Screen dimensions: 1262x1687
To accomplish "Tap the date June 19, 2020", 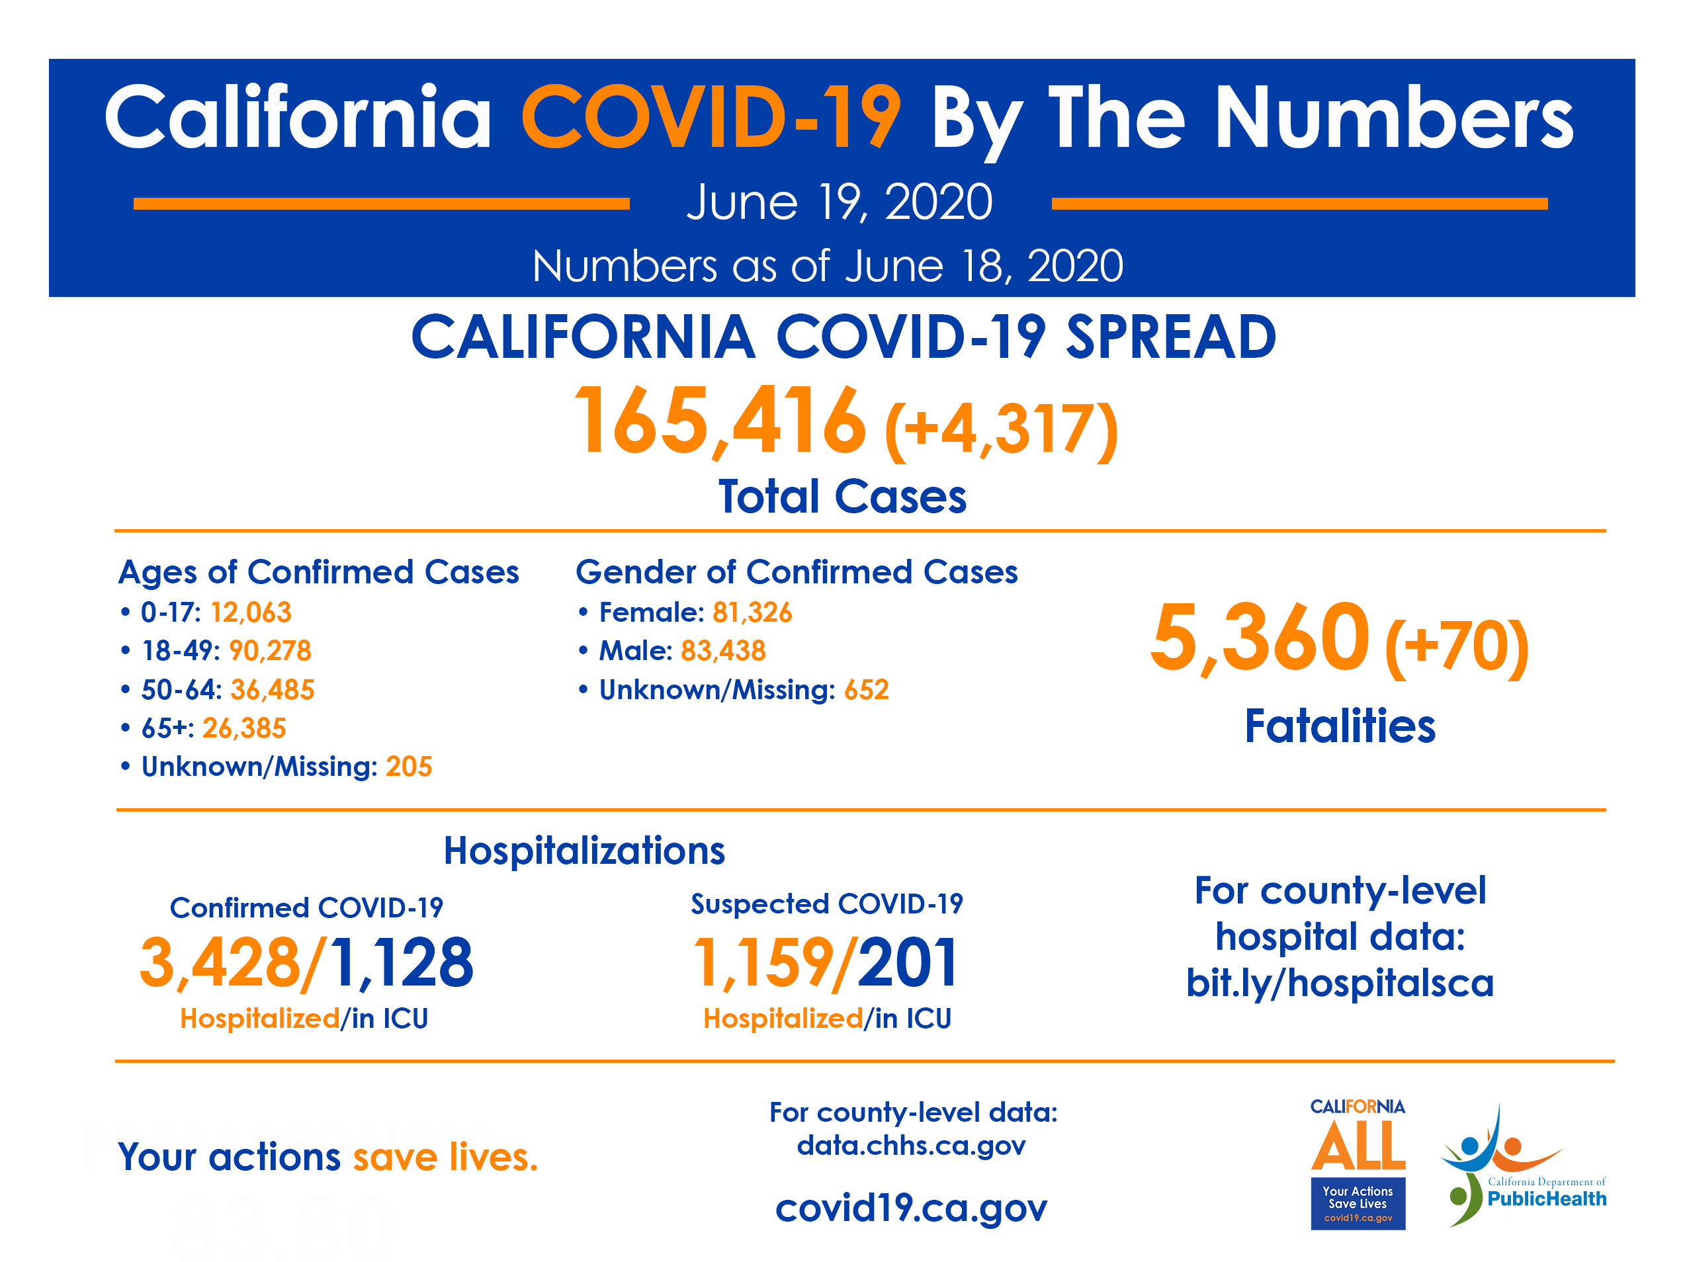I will (x=839, y=203).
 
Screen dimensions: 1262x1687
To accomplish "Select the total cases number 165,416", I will (x=719, y=422).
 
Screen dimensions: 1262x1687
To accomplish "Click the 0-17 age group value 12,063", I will (x=251, y=612).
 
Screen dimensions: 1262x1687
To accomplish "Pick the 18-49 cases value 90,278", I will (x=270, y=650).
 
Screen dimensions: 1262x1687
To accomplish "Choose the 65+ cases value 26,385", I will (x=244, y=728).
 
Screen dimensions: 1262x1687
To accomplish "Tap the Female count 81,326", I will (x=752, y=612).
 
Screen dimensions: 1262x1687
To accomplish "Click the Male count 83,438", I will (x=723, y=650).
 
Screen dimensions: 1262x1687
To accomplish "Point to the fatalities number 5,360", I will (x=1259, y=638).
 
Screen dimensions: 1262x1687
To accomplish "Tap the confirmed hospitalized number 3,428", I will (x=221, y=963).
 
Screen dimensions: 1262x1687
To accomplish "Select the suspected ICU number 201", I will (x=908, y=963).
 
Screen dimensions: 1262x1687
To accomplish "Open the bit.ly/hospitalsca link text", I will (x=1339, y=982).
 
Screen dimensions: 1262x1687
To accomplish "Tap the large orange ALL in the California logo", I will (x=1358, y=1146).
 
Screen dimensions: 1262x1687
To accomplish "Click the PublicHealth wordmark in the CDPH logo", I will (x=1546, y=1199).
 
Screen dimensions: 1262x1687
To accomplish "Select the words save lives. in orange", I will (x=445, y=1157).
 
